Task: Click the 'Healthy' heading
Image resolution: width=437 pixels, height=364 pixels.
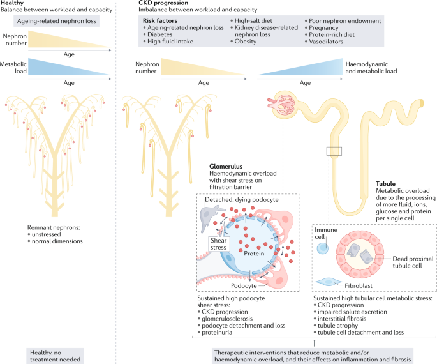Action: pyautogui.click(x=13, y=3)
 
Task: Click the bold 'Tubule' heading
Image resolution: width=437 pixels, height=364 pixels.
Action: pyautogui.click(x=387, y=183)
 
